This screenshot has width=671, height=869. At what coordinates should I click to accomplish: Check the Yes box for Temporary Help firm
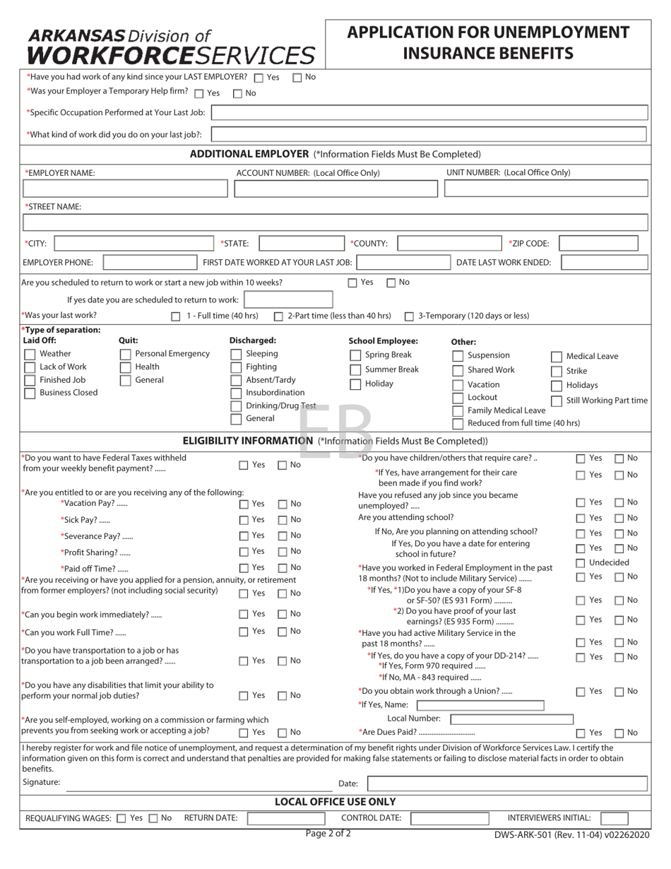(198, 93)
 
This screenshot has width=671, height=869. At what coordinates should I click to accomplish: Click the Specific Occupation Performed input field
(429, 112)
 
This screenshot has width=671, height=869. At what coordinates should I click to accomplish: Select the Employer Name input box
(126, 189)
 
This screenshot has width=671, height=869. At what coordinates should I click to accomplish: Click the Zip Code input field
(598, 244)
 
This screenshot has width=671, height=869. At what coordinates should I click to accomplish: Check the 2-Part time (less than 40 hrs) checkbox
(278, 317)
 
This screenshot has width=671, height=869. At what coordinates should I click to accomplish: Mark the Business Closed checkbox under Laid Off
(30, 394)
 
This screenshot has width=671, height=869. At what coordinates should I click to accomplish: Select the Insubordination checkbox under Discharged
(236, 393)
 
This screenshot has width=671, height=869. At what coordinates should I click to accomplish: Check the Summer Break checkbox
(355, 370)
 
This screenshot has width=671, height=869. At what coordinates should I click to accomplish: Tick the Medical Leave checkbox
(557, 357)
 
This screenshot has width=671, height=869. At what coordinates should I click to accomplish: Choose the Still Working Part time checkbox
(557, 401)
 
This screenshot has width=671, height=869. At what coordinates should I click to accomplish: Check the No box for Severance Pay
(282, 536)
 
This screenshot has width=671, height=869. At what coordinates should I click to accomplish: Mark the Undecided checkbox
(580, 563)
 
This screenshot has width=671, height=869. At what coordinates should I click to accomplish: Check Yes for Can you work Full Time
(243, 632)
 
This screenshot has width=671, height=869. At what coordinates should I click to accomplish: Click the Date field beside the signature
(507, 783)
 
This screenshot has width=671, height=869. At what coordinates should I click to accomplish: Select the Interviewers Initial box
(614, 818)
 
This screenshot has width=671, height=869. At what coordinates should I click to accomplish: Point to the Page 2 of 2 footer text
(328, 834)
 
